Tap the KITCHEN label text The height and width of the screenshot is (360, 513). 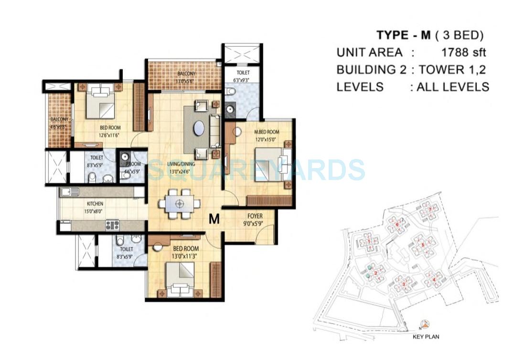[x=95, y=204]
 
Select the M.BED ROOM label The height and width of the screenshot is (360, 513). [x=267, y=132]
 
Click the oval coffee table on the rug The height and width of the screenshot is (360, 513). [x=200, y=129]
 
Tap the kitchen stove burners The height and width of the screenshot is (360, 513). [x=112, y=225]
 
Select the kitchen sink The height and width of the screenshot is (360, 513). [x=70, y=192]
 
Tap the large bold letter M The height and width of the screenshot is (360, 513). [x=214, y=219]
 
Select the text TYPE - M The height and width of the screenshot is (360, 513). [x=402, y=35]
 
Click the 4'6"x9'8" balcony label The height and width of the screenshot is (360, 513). [x=60, y=123]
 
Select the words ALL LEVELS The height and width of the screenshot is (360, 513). [x=452, y=86]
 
